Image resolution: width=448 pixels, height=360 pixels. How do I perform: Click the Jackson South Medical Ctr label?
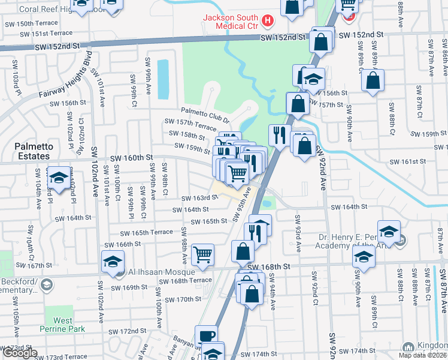click(x=230, y=20)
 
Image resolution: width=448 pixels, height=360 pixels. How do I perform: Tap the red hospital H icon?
click(x=267, y=20)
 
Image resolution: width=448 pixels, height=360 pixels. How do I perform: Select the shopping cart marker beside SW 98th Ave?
click(x=203, y=255)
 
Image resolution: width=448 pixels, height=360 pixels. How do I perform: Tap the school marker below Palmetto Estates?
click(x=59, y=178)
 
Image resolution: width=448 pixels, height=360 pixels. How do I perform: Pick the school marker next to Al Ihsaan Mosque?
click(x=113, y=263)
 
